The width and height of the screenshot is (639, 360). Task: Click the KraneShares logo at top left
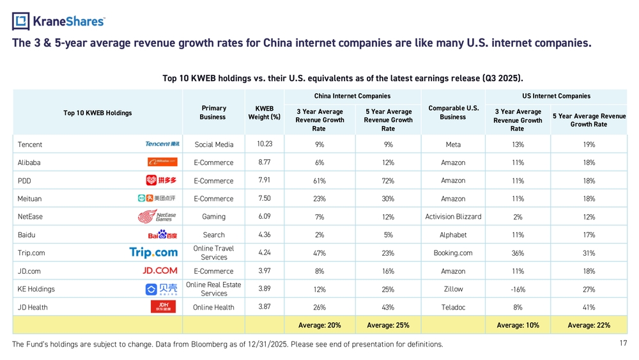(58, 21)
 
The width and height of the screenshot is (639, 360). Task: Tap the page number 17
(623, 343)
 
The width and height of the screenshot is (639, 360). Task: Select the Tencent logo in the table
(162, 144)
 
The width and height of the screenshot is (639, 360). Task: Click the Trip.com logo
(153, 253)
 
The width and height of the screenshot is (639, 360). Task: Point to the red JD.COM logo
(160, 270)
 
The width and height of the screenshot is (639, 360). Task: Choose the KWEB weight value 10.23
(265, 144)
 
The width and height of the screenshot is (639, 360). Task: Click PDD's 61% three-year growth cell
(319, 181)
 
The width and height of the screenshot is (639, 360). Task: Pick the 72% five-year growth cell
(388, 181)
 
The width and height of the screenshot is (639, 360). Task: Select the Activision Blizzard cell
(453, 217)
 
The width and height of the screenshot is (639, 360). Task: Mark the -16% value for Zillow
(518, 290)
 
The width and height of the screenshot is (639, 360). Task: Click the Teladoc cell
(453, 308)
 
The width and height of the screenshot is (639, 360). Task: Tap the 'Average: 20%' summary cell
(319, 325)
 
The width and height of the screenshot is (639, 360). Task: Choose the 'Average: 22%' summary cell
(589, 325)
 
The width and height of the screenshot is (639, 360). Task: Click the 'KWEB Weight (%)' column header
(264, 113)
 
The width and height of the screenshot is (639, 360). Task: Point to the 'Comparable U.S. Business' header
(453, 113)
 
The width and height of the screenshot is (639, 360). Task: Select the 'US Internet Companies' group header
(556, 96)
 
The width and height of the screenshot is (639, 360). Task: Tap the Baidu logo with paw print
(162, 235)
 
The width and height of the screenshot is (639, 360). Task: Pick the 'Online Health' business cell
(213, 308)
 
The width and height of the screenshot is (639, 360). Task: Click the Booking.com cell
(453, 253)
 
